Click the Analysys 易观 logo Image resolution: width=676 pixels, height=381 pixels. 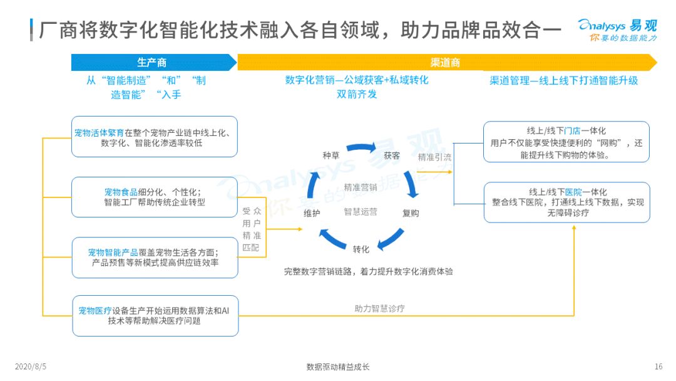617,30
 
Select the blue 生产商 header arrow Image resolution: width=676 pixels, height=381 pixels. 154,63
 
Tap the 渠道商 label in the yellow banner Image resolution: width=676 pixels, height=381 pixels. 445,63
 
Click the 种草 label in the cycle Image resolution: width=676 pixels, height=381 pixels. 331,155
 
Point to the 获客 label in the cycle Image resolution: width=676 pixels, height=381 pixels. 392,155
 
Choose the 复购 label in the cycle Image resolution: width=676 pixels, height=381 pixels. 411,213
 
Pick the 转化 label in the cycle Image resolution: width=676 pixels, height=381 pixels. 361,249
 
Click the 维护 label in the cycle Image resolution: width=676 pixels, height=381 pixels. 312,213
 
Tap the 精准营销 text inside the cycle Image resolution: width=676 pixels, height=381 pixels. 361,187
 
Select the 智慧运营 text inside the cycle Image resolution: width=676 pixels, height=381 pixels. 361,212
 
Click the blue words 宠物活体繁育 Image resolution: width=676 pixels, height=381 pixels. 99,133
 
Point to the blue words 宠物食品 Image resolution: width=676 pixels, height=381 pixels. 121,192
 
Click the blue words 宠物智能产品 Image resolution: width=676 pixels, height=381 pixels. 113,253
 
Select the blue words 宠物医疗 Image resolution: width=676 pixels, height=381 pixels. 95,311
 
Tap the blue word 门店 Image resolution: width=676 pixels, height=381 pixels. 572,131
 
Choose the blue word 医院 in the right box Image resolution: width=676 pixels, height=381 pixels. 573,192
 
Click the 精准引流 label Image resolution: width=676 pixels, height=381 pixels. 434,157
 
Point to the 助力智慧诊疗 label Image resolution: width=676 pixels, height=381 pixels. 379,308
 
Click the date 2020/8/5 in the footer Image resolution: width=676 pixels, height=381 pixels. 31,367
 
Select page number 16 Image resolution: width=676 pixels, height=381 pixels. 658,367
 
